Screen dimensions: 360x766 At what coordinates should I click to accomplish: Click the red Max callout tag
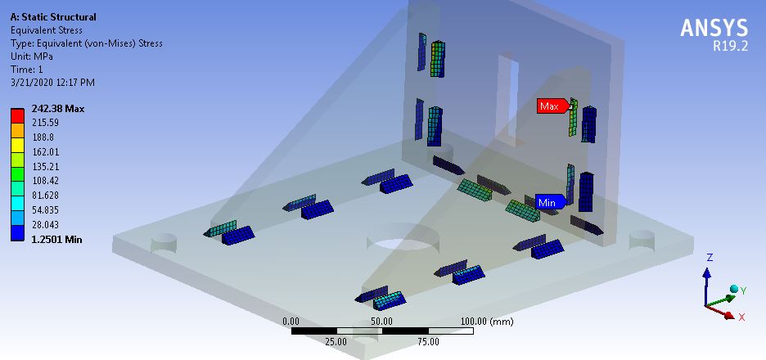point(551,106)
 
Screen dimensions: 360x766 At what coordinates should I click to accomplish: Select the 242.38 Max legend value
point(57,109)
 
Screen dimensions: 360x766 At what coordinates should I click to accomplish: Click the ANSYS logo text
point(714,28)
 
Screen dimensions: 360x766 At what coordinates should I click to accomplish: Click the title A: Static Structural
point(52,17)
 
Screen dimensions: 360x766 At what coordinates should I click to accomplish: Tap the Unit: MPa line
point(32,56)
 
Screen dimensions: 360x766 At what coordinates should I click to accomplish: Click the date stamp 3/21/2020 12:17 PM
point(52,83)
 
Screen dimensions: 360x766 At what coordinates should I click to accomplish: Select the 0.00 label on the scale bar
point(291,322)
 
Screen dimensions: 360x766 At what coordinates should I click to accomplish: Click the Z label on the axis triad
point(710,257)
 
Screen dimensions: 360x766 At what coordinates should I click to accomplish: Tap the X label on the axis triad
point(741,317)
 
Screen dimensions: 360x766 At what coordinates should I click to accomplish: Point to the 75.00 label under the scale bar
point(428,341)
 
